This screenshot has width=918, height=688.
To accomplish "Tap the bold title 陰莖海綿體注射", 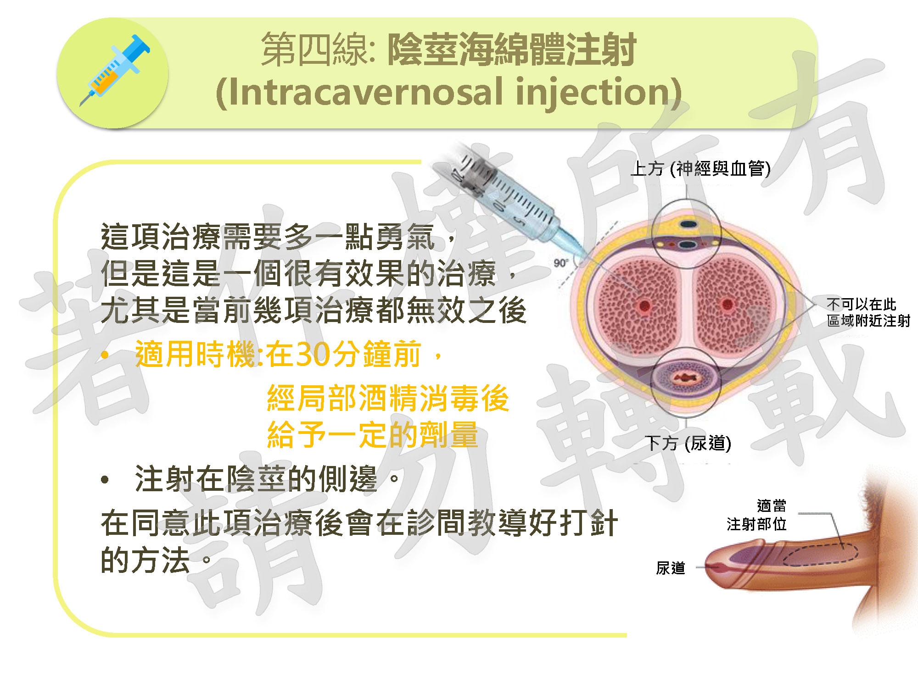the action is (512, 50).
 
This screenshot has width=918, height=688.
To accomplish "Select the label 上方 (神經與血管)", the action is (700, 168).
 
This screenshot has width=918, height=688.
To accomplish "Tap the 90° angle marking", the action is (561, 263).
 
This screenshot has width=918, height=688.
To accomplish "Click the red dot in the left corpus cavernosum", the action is (645, 305).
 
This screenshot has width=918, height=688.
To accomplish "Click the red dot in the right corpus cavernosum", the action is (727, 304).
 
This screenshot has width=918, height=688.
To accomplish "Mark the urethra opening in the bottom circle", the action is (687, 378).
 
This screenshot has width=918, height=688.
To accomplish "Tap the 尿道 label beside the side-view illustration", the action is (671, 568).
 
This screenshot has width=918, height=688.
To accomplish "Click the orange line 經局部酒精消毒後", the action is (388, 398).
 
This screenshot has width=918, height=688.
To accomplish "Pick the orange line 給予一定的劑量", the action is (372, 434).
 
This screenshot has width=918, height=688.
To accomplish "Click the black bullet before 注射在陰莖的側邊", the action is (105, 480).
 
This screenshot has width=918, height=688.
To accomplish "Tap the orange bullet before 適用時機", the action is (105, 355).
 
